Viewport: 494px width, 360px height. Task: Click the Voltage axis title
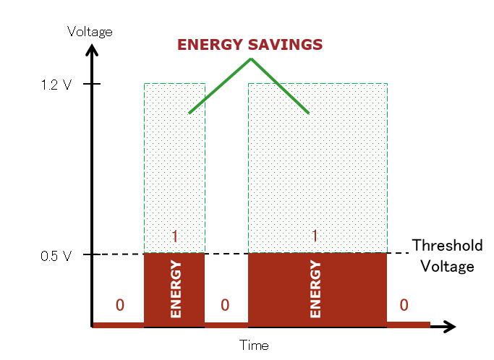pyautogui.click(x=90, y=31)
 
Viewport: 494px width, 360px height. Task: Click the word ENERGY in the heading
pyautogui.click(x=209, y=44)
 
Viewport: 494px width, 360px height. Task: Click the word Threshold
pyautogui.click(x=447, y=246)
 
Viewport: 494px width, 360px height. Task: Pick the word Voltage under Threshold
pyautogui.click(x=447, y=266)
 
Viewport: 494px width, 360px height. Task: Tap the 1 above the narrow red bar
pyautogui.click(x=174, y=236)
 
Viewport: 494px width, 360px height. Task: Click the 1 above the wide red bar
pyautogui.click(x=315, y=236)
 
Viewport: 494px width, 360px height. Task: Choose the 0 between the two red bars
pyautogui.click(x=225, y=303)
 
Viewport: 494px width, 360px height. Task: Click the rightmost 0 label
pyautogui.click(x=404, y=303)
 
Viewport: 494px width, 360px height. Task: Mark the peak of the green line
pyautogui.click(x=250, y=59)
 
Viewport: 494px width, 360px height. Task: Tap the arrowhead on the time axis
pyautogui.click(x=450, y=326)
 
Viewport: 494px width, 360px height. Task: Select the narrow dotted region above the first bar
pyautogui.click(x=174, y=173)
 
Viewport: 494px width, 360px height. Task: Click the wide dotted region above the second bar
pyautogui.click(x=317, y=173)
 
